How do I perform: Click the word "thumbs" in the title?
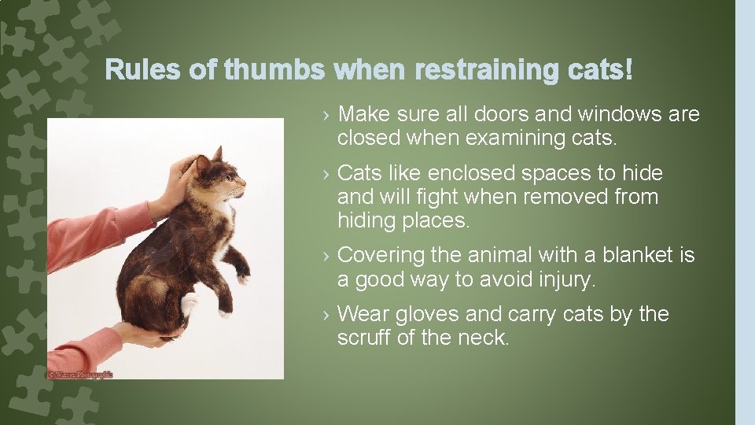click(274, 71)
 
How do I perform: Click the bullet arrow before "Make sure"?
click(326, 116)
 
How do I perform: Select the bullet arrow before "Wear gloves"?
click(326, 315)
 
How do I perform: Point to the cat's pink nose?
click(244, 187)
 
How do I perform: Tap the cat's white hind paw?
click(189, 304)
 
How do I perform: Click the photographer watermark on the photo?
click(79, 374)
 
